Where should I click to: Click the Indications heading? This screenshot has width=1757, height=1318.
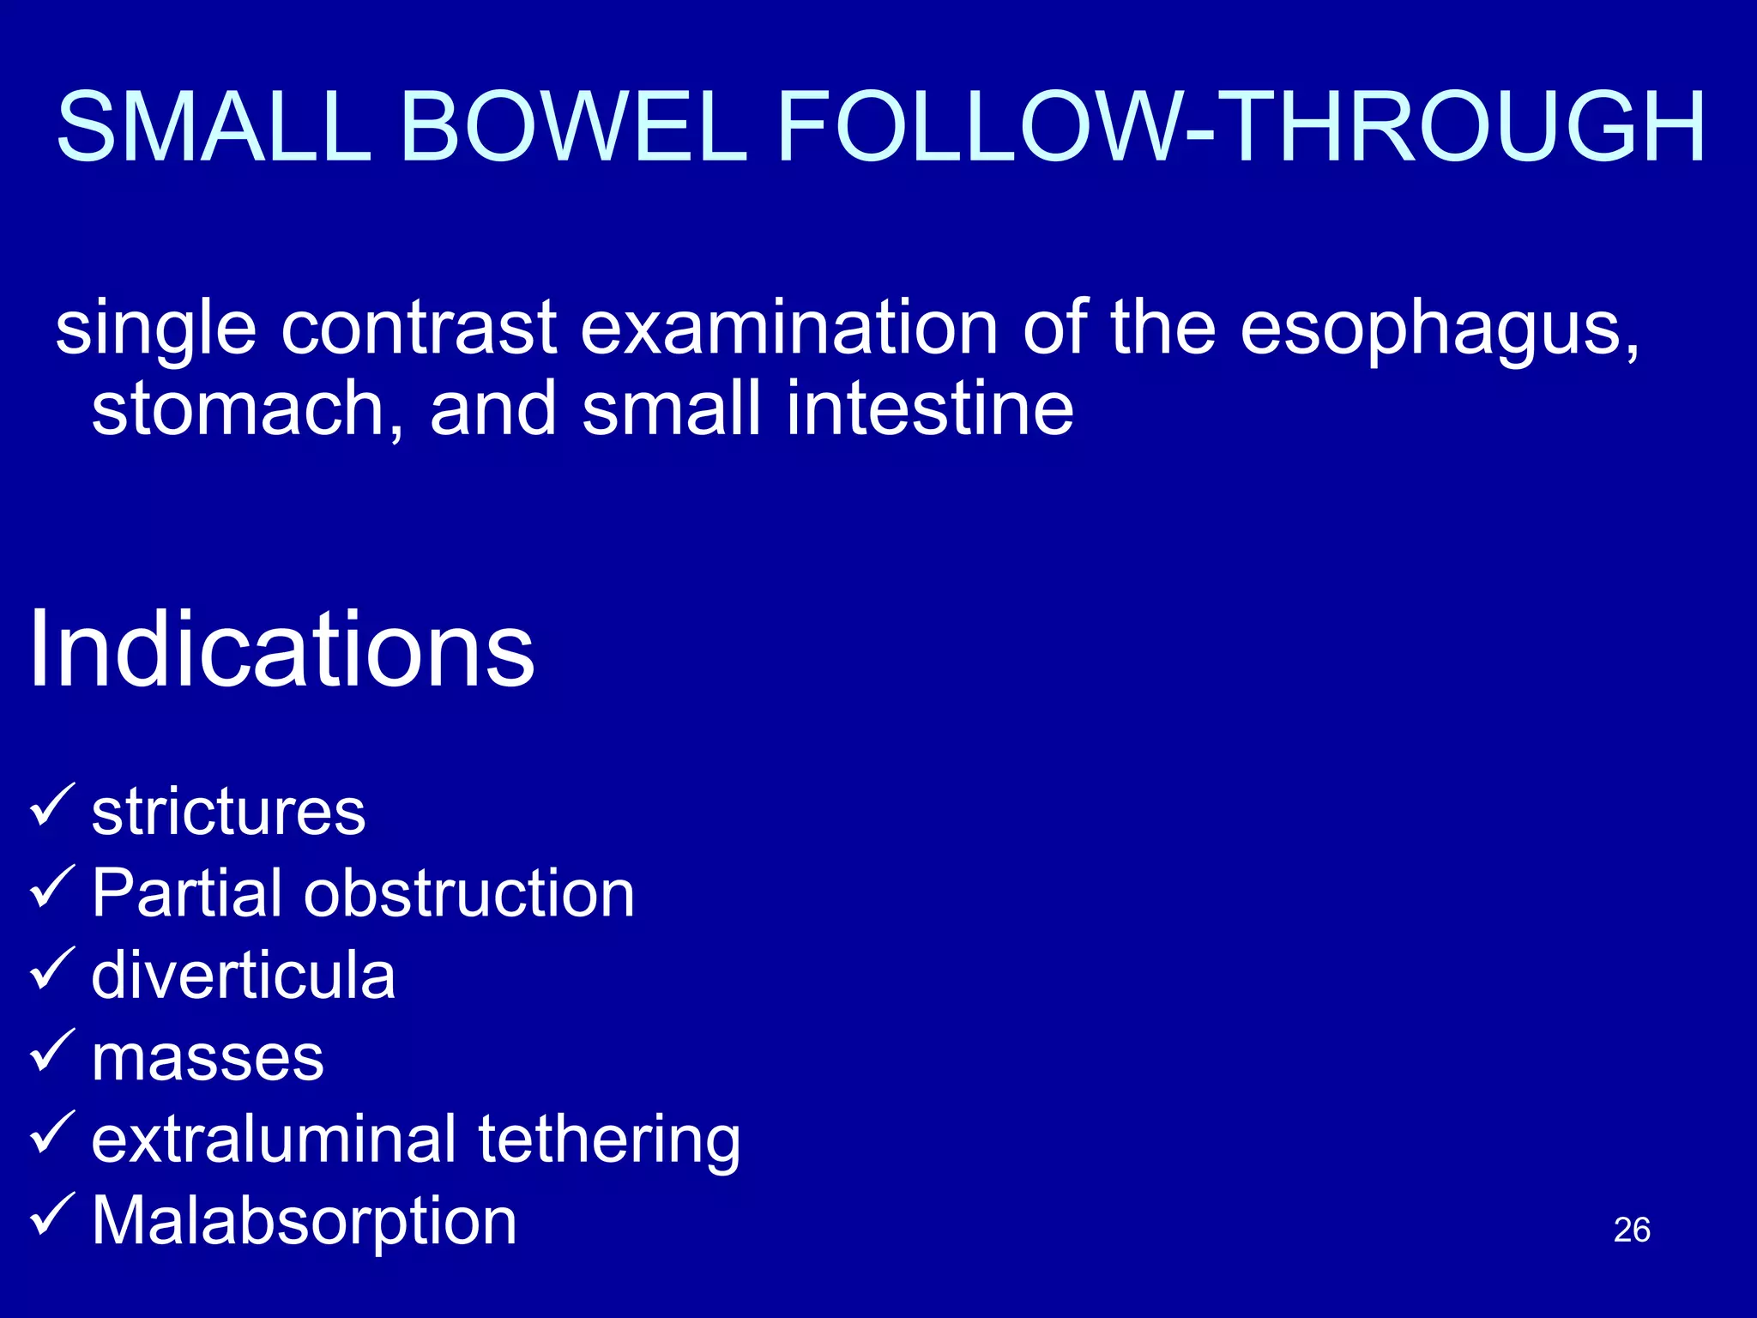click(x=281, y=650)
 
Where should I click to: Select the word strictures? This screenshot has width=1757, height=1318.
click(x=228, y=812)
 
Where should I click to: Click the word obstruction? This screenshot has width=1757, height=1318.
click(x=469, y=893)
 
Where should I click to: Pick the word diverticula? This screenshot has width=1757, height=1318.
click(x=243, y=976)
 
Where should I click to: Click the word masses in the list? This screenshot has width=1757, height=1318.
click(x=208, y=1058)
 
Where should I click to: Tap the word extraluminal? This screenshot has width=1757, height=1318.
click(x=274, y=1140)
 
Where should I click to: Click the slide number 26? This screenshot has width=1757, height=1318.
click(x=1631, y=1230)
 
